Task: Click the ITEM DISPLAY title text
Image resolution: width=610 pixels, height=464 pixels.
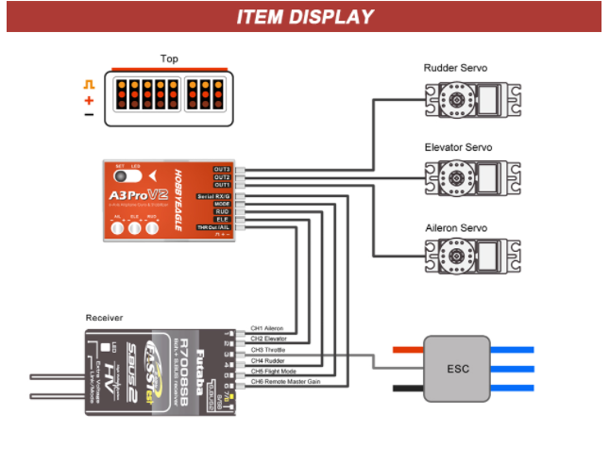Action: click(x=304, y=17)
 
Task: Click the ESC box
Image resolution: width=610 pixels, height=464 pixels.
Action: click(x=458, y=369)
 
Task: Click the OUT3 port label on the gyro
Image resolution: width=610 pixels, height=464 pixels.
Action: click(x=222, y=169)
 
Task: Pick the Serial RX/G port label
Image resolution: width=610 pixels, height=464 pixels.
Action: click(x=213, y=196)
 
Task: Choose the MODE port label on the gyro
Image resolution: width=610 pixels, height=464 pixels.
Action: click(x=222, y=204)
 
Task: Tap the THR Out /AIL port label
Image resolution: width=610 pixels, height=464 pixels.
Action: click(x=213, y=227)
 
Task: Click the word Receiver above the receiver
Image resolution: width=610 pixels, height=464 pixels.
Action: click(x=104, y=318)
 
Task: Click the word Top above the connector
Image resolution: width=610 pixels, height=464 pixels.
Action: click(x=169, y=58)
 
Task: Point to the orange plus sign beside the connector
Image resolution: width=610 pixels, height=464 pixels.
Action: click(x=89, y=100)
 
